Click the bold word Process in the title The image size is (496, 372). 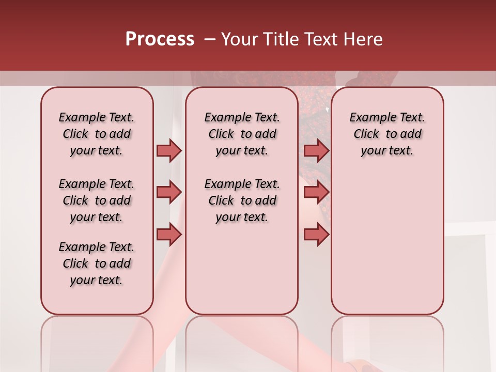coord(160,39)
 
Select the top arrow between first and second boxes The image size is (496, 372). coord(169,150)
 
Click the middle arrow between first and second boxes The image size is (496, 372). coord(169,192)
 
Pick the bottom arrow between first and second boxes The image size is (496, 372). coord(169,235)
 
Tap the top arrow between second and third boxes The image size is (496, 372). coord(316,150)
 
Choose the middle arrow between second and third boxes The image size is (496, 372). coord(316,192)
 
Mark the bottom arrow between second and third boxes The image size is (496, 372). coord(316,235)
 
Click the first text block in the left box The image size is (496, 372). coord(97,134)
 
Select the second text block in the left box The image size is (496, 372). coord(97,200)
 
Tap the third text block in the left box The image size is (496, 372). coord(97,263)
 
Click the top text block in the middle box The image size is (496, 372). coord(242,134)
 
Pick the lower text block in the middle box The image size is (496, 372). coord(242,200)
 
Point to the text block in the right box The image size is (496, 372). coord(387,134)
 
